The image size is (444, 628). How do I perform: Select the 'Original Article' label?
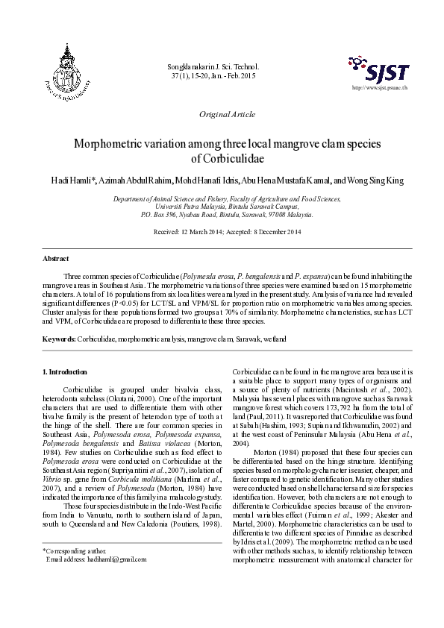(x=227, y=114)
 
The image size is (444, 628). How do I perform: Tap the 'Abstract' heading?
(x=56, y=258)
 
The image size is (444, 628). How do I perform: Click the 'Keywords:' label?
(x=58, y=339)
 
